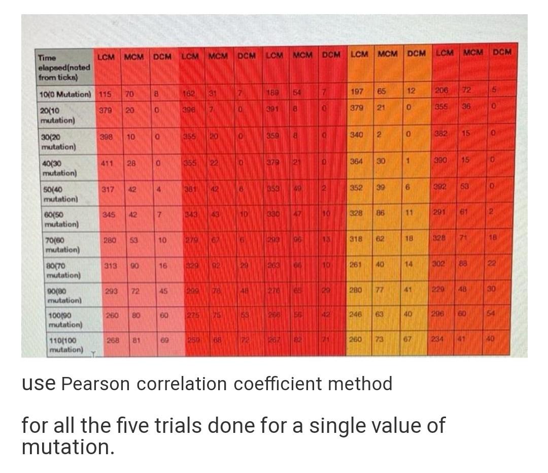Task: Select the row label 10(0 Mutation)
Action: coord(64,94)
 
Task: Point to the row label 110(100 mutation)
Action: coord(66,345)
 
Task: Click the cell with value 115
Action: coord(105,94)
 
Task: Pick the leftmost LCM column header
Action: coord(106,55)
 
